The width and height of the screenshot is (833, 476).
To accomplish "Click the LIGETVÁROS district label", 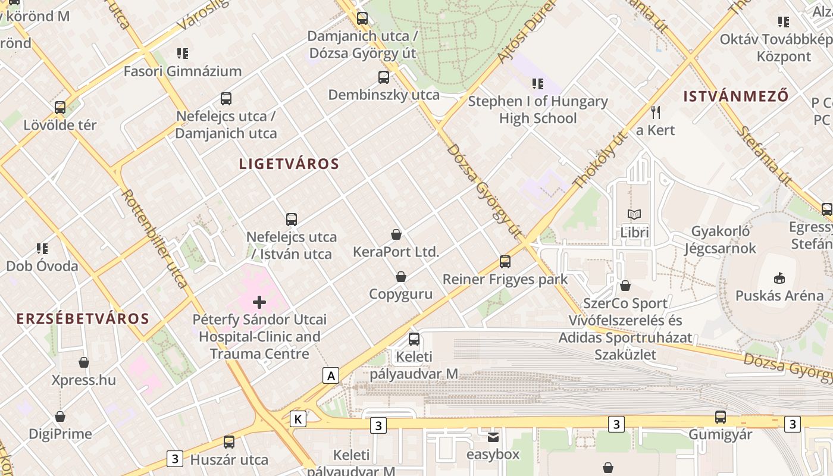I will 289,164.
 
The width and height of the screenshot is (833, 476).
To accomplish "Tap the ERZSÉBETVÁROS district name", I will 83,318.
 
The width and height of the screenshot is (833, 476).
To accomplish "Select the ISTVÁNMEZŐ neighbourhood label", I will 736,96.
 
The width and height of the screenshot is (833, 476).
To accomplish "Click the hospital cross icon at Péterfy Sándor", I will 259,302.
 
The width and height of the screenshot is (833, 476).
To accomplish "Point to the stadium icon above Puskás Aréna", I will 779,278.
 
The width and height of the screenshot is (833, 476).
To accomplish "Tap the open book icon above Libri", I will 634,214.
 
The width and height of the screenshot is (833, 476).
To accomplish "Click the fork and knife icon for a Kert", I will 656,112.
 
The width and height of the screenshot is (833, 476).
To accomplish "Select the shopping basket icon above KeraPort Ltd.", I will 396,234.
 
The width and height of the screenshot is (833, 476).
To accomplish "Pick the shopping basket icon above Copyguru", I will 401,277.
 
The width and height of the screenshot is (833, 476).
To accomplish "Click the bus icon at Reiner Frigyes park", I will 505,261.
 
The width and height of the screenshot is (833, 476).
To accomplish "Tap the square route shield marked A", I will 331,375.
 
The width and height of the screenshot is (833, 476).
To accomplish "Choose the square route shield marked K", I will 298,419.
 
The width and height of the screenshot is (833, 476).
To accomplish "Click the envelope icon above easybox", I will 493,437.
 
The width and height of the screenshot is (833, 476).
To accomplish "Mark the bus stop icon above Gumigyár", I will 721,416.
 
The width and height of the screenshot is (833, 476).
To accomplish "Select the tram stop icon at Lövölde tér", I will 60,108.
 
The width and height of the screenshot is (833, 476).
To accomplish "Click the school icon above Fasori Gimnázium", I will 183,54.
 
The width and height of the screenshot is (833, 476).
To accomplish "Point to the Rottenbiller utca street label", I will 154,238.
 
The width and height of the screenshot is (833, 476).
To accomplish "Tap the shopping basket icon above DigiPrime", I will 60,416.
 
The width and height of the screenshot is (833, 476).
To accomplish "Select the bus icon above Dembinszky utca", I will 384,77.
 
